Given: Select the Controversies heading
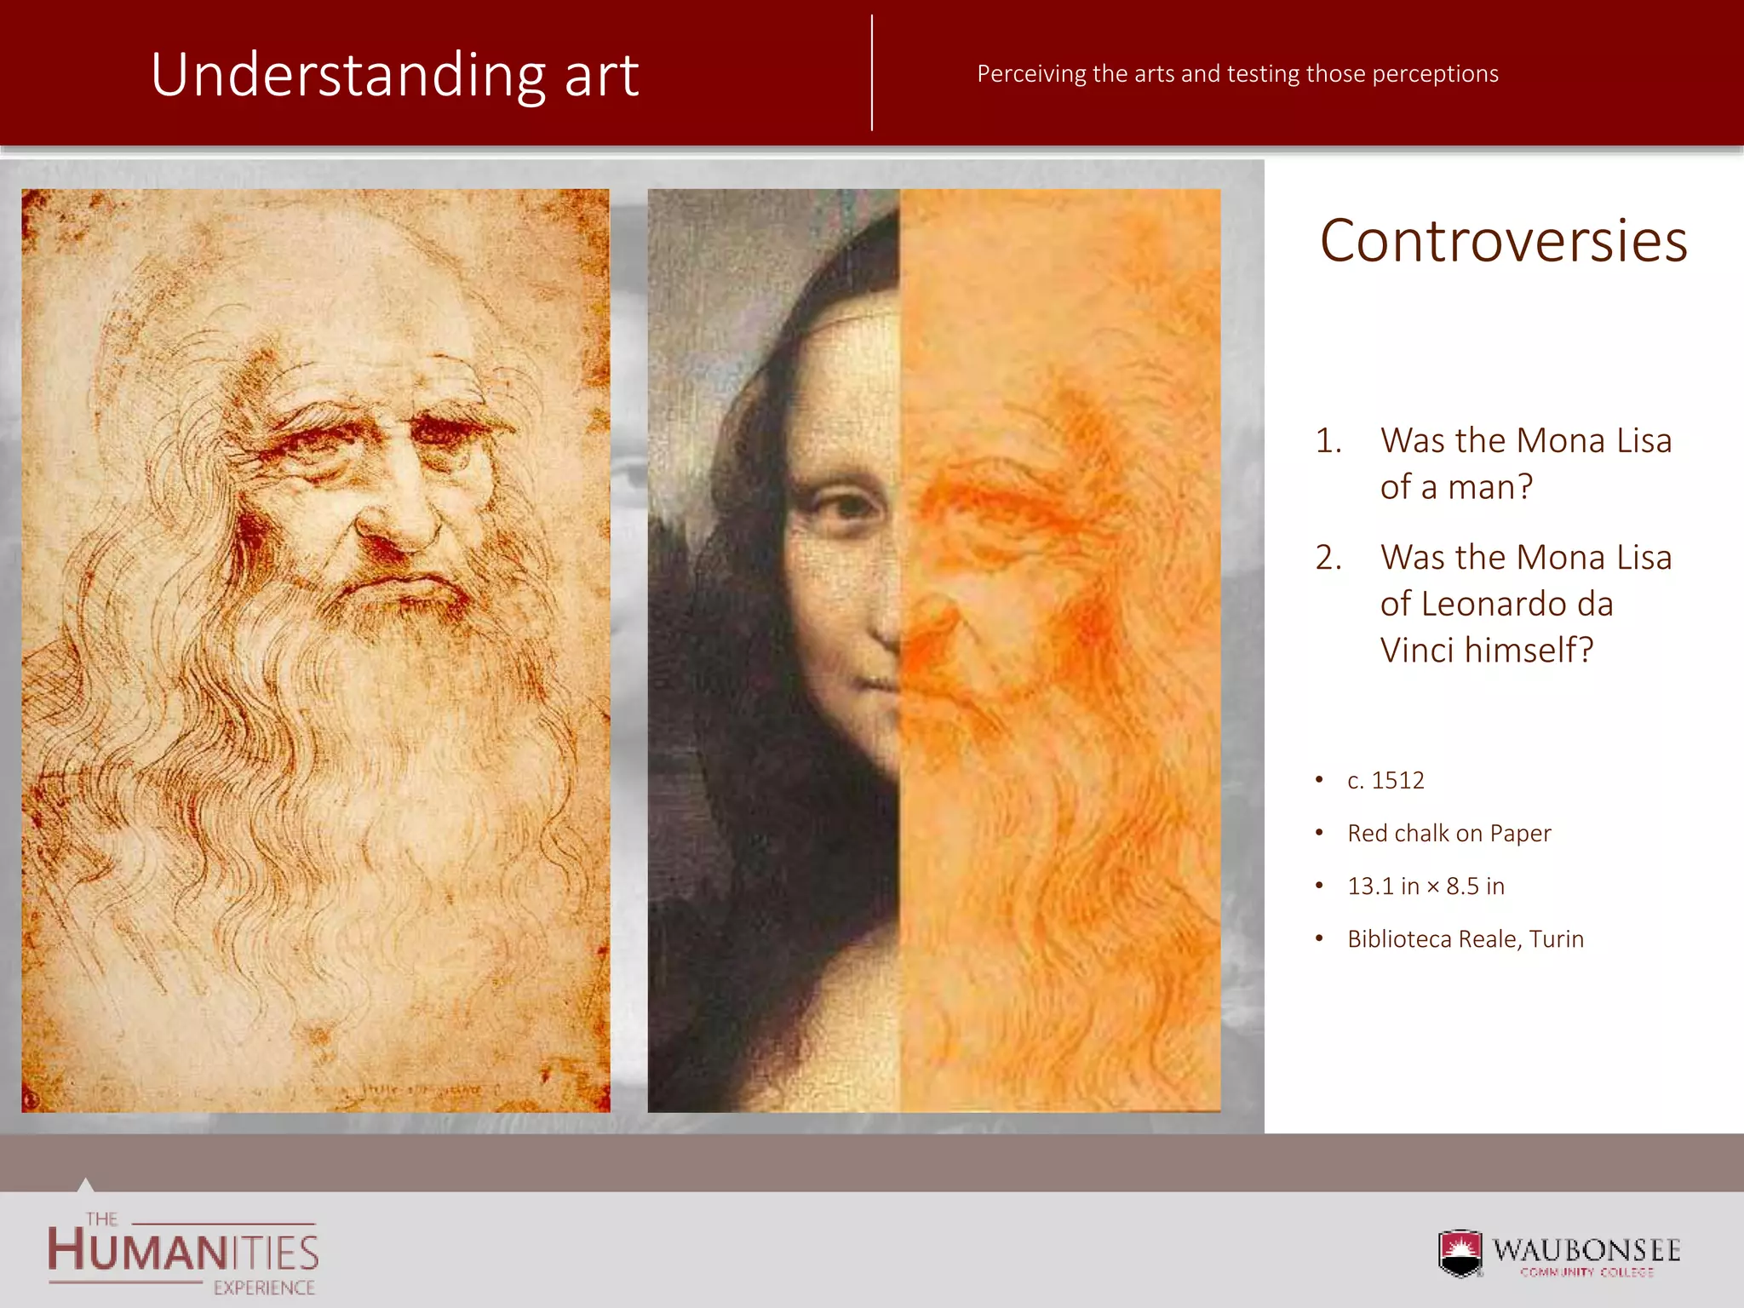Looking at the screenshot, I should click(1503, 241).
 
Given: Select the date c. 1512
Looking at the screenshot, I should click(1385, 780).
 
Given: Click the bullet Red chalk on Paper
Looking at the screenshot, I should click(1449, 833).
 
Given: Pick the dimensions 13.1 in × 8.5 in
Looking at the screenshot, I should click(1426, 886).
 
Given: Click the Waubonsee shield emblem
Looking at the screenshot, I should click(1460, 1253).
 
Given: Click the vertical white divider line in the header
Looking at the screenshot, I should click(872, 73).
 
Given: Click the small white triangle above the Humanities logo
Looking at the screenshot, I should click(85, 1185).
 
